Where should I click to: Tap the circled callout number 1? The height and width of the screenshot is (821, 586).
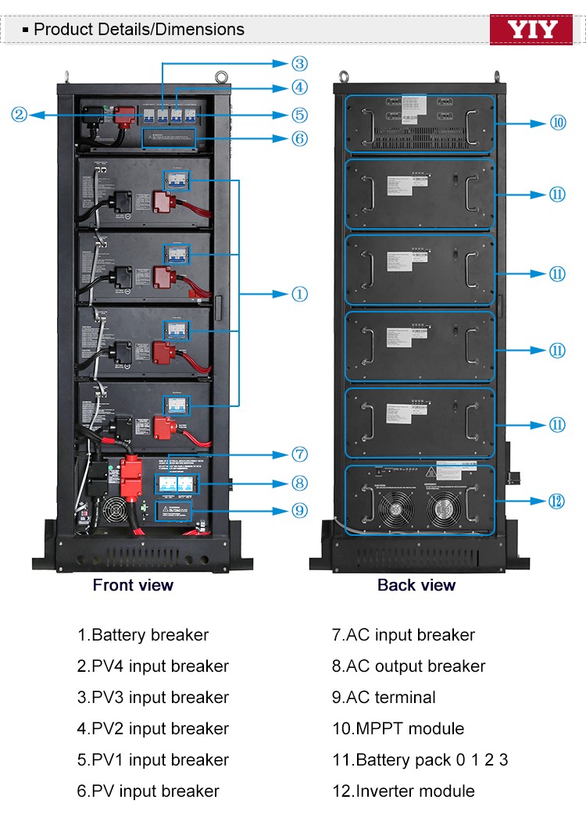point(299,294)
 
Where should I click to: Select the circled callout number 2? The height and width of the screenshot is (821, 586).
point(20,115)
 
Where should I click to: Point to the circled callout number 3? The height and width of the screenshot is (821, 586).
point(299,63)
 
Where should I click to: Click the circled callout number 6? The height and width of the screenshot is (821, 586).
point(299,138)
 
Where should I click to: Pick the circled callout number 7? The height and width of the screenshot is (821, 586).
point(299,455)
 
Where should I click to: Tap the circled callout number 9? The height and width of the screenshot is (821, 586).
point(299,510)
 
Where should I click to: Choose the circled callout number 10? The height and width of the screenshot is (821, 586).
point(558,123)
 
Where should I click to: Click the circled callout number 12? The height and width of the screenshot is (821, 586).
point(556,501)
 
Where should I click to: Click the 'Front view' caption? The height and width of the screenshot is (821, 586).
point(133,585)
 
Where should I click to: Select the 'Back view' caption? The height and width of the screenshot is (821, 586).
point(416,585)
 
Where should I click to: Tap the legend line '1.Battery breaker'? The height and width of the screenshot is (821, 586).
point(143,635)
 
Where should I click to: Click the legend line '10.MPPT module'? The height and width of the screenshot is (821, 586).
point(398,729)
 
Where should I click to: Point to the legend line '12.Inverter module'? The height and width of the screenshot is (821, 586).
point(403,791)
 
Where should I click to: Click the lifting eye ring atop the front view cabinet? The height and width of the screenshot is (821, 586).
point(220,76)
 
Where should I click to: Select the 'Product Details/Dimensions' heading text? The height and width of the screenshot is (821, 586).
point(139,30)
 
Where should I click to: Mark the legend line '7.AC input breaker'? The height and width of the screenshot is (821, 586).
point(403,635)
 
